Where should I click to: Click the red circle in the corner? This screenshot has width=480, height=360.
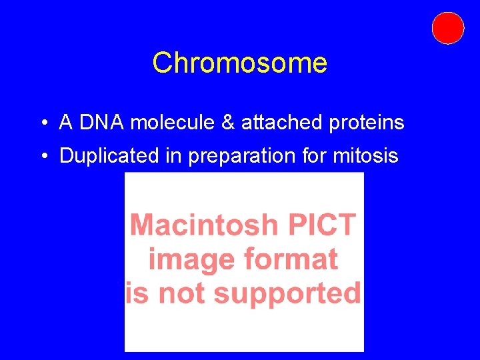coord(447,28)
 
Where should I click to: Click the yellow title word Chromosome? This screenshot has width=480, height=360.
coord(239,63)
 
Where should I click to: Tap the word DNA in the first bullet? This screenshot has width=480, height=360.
coord(103,123)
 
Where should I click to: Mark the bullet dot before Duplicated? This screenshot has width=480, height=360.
coord(42,157)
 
